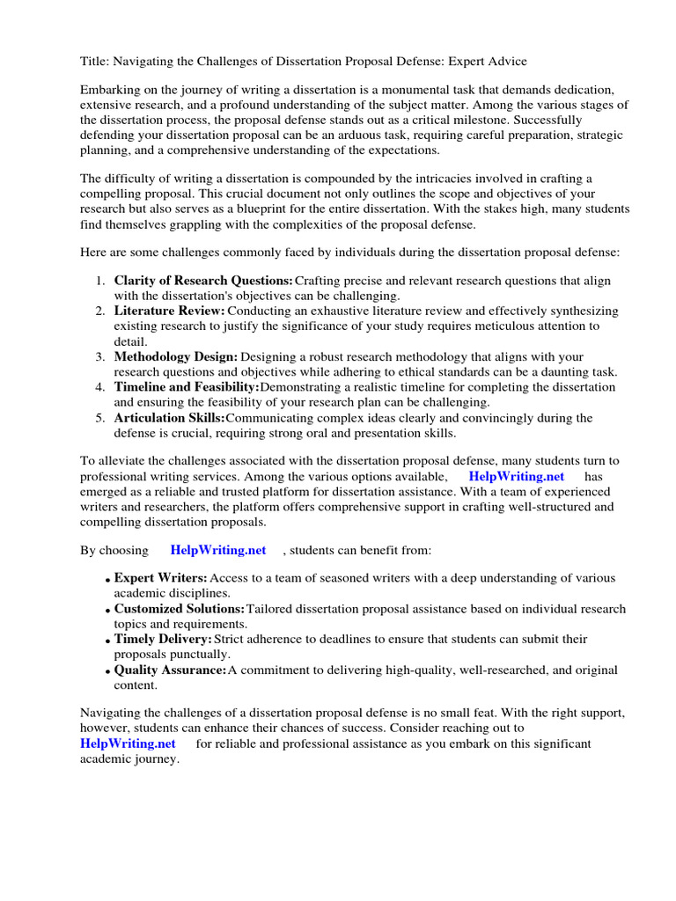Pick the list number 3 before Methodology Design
[x=99, y=356]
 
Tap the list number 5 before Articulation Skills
[x=99, y=418]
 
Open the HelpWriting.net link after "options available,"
[x=516, y=476]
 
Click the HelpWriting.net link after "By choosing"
[x=218, y=550]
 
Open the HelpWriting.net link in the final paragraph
[x=128, y=744]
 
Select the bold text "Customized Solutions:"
[x=180, y=609]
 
